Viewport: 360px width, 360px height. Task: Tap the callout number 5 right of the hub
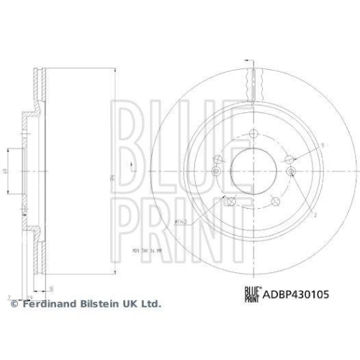[x=323, y=145]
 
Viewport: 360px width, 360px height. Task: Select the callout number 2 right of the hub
[x=315, y=215]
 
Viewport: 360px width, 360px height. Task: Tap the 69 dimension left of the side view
[x=4, y=171]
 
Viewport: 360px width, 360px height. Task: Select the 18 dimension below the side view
[x=53, y=289]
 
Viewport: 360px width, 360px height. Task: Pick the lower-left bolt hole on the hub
[x=230, y=199]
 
